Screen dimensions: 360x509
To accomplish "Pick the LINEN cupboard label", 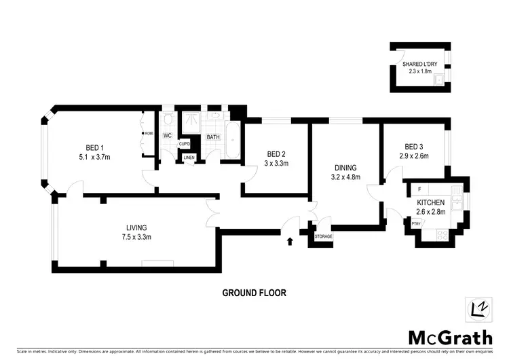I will pyautogui.click(x=188, y=159).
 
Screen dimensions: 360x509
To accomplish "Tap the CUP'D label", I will pyautogui.click(x=184, y=144).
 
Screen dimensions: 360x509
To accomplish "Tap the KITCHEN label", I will pyautogui.click(x=431, y=202).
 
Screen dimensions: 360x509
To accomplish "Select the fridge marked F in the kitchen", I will pyautogui.click(x=421, y=188).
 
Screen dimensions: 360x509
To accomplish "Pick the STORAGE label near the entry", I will pyautogui.click(x=322, y=237).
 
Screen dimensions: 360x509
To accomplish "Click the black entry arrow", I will pyautogui.click(x=291, y=240).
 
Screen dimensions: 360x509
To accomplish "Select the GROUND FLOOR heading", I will pyautogui.click(x=254, y=293).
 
